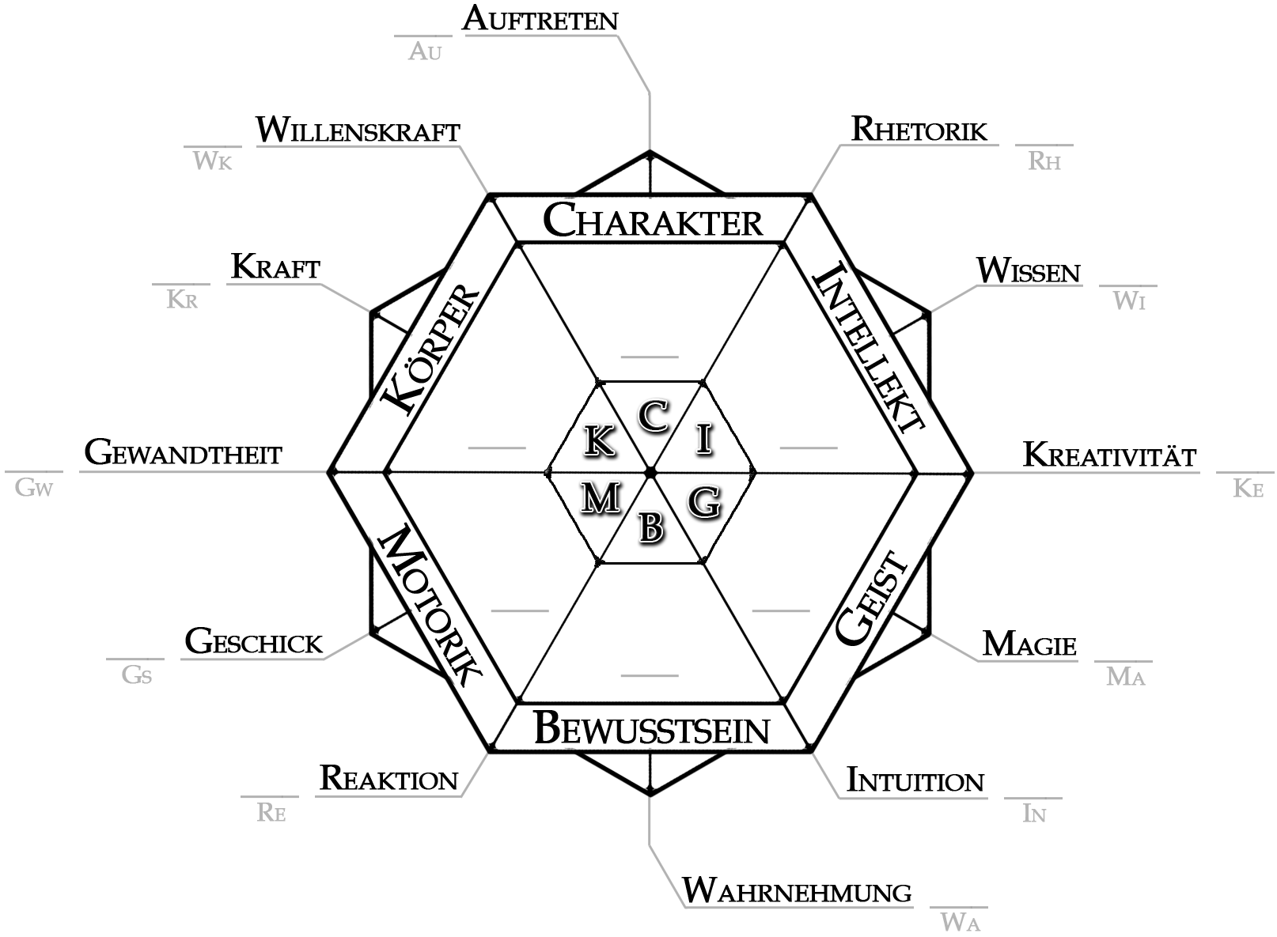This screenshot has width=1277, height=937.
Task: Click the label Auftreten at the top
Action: (x=540, y=19)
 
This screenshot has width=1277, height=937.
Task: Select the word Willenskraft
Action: (x=358, y=130)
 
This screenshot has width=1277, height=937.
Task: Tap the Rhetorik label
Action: (x=919, y=130)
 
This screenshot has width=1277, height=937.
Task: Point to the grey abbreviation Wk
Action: (x=213, y=161)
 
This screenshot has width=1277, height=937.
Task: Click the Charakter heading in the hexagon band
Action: (x=653, y=221)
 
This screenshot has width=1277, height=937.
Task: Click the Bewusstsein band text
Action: (x=651, y=729)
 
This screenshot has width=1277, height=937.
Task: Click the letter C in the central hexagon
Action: (x=654, y=417)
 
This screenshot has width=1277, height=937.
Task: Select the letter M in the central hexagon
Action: (x=601, y=498)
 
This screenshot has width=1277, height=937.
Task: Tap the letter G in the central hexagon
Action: (x=703, y=501)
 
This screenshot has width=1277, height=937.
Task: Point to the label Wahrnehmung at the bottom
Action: (x=797, y=892)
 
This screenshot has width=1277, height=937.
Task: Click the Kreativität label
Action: (x=1109, y=455)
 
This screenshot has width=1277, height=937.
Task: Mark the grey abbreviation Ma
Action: (x=1125, y=677)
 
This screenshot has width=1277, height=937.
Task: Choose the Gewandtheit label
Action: (x=183, y=454)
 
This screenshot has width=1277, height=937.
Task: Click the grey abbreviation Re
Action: (x=271, y=813)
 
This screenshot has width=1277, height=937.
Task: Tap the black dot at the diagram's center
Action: (x=650, y=473)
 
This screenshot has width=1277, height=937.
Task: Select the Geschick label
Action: (x=254, y=642)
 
